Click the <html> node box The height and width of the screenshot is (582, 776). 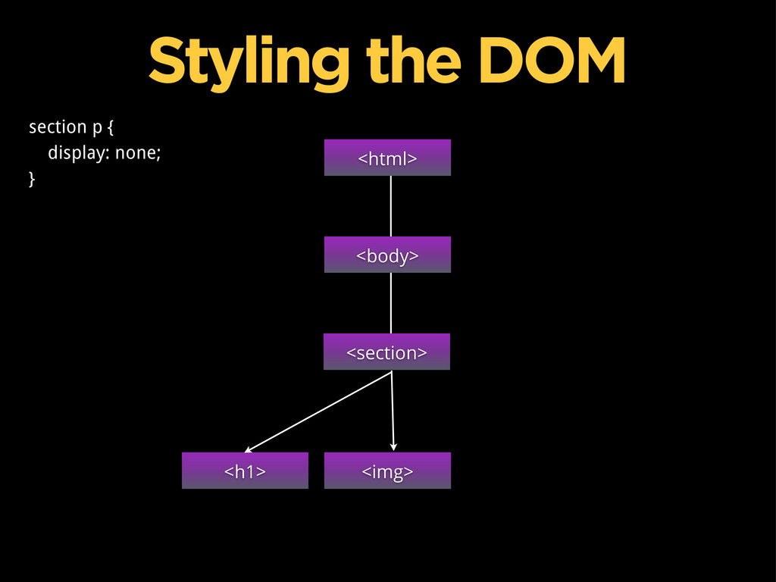387,158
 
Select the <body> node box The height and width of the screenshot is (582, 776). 387,255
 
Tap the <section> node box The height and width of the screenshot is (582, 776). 386,352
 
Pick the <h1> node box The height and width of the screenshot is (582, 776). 245,471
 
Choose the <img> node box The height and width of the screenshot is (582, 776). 387,471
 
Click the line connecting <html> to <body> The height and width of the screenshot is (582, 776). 391,206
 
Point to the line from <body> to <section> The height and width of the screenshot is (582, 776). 391,303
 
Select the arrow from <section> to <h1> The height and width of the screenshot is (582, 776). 318,411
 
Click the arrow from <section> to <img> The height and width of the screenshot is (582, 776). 393,409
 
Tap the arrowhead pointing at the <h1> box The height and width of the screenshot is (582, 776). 248,449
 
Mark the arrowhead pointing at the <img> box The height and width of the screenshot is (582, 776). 394,448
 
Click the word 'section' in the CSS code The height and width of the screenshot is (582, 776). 58,127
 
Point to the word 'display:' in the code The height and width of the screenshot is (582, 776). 79,153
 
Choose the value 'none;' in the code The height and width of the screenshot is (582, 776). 138,153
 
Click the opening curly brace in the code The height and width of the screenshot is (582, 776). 111,127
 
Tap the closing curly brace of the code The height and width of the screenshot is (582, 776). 32,179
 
